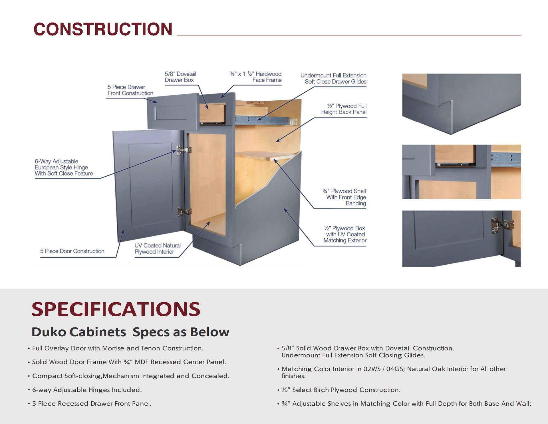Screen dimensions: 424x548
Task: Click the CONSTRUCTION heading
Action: pyautogui.click(x=103, y=29)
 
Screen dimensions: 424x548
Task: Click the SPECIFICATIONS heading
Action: pyautogui.click(x=116, y=309)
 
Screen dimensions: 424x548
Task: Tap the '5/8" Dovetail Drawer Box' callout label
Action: pyautogui.click(x=180, y=77)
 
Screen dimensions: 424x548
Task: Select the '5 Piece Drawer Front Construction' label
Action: pyautogui.click(x=130, y=90)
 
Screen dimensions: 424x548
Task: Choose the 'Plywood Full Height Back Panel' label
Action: pyautogui.click(x=344, y=109)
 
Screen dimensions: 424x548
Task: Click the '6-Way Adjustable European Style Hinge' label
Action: pyautogui.click(x=64, y=167)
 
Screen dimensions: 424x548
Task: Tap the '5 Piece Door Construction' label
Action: pyautogui.click(x=72, y=251)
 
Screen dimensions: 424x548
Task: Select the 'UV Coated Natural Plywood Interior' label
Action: pyautogui.click(x=157, y=249)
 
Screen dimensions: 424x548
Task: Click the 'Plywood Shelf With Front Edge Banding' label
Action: pyautogui.click(x=344, y=197)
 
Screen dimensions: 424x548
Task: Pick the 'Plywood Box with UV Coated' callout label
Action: pyautogui.click(x=345, y=234)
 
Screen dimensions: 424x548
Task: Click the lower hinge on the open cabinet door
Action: pyautogui.click(x=184, y=212)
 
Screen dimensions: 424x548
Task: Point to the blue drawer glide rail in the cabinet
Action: pyautogui.click(x=265, y=120)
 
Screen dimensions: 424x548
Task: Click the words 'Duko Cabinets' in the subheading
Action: pyautogui.click(x=79, y=332)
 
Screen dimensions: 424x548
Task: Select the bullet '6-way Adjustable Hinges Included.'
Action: pyautogui.click(x=87, y=390)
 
